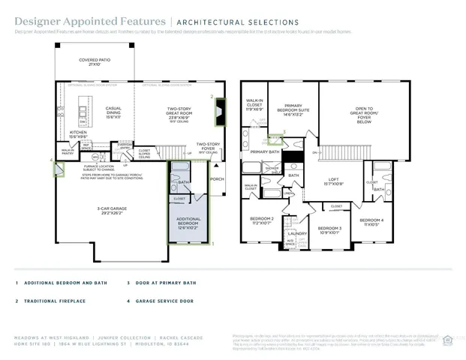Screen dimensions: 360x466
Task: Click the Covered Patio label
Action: pyautogui.click(x=95, y=62)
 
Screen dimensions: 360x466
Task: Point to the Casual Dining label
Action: pyautogui.click(x=114, y=113)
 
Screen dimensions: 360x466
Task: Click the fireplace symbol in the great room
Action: pyautogui.click(x=219, y=115)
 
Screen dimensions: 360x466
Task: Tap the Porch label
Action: pyautogui.click(x=217, y=179)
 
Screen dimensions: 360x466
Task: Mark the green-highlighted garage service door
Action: pyautogui.click(x=56, y=169)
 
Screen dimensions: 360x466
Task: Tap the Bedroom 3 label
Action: pyautogui.click(x=329, y=229)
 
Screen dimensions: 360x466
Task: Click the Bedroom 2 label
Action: pyautogui.click(x=263, y=220)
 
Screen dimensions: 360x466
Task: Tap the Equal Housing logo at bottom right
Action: pyautogui.click(x=449, y=337)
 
